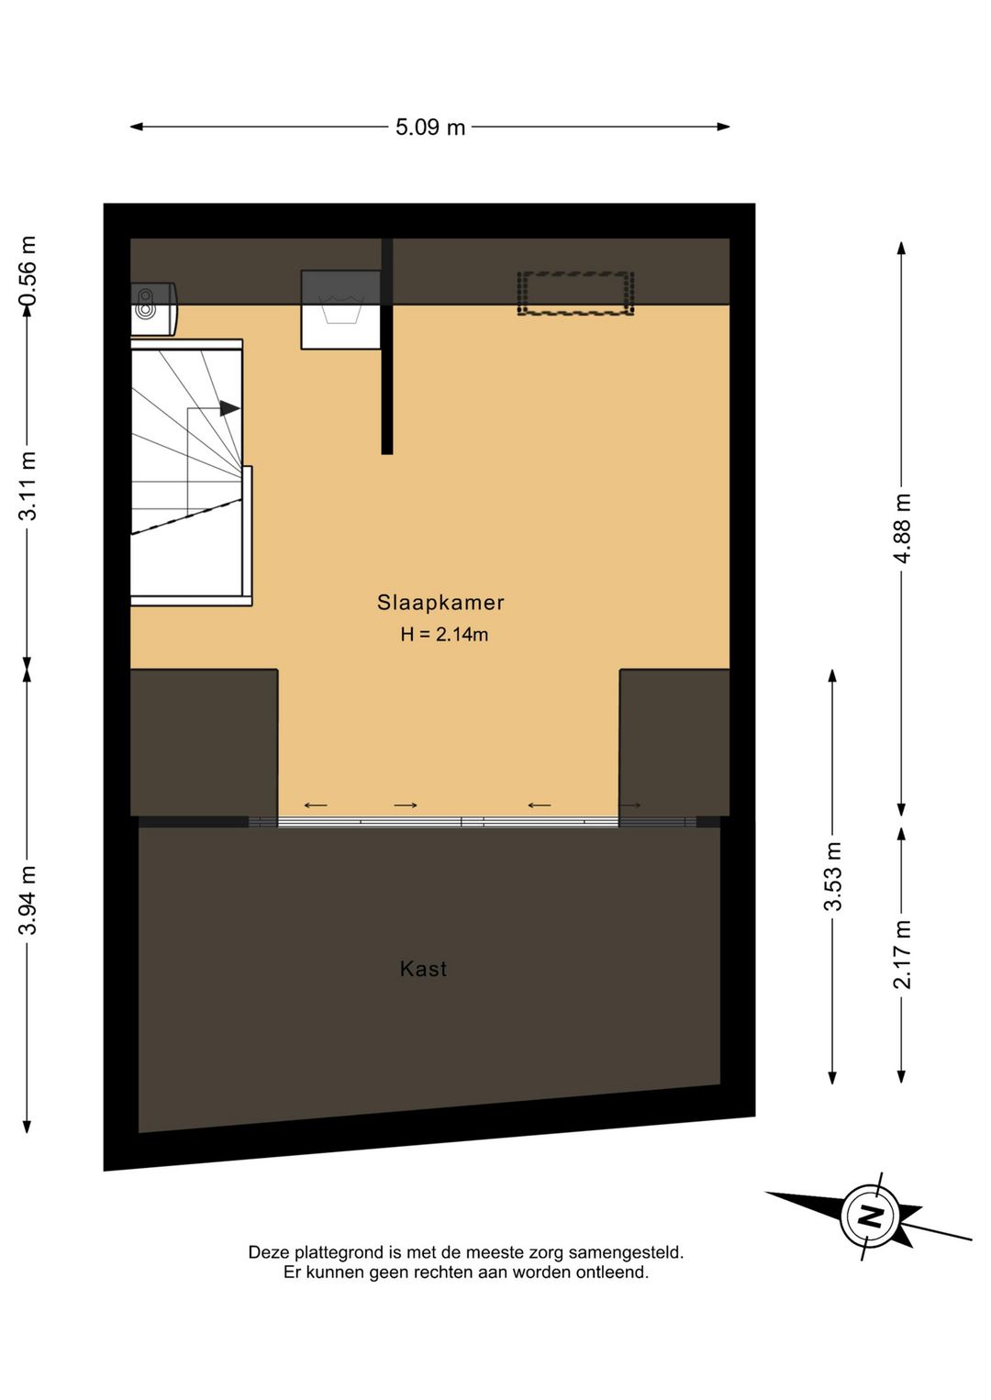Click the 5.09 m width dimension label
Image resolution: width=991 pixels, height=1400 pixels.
(x=430, y=128)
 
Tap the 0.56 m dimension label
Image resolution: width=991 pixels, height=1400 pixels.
(x=28, y=271)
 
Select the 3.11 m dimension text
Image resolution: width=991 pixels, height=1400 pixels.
(x=28, y=485)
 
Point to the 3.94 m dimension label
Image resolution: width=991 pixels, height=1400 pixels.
(x=28, y=900)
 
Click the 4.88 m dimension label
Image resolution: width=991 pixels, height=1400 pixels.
(x=902, y=528)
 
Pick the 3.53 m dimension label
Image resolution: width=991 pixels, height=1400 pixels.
(x=833, y=876)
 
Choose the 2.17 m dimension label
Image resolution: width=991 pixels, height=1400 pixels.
(x=902, y=954)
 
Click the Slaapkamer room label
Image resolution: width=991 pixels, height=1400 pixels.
(x=440, y=603)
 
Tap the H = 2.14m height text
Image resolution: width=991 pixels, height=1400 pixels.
(x=444, y=635)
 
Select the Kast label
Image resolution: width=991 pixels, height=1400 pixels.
(x=423, y=969)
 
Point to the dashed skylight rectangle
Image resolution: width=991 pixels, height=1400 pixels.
(x=576, y=293)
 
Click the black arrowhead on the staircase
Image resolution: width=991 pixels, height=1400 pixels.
(x=229, y=409)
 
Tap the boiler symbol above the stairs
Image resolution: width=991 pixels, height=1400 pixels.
(x=154, y=309)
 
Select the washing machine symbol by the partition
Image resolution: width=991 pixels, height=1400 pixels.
(x=340, y=309)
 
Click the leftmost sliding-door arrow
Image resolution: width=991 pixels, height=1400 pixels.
(x=315, y=805)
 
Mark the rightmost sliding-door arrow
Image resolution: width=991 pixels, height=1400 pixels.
(x=630, y=805)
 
